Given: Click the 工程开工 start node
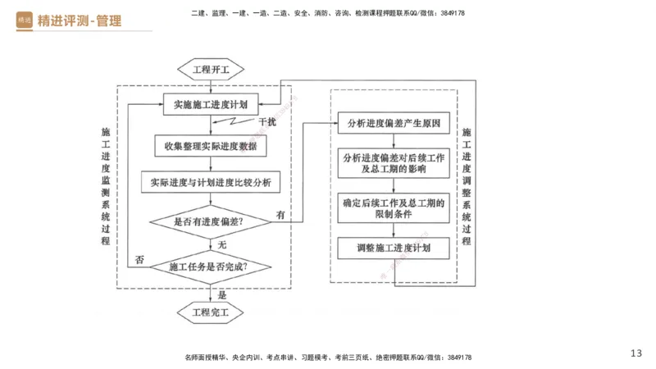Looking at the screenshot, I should coord(211,69).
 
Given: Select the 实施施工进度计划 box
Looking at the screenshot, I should coord(211,104).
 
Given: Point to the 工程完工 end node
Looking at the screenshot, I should coord(211,312).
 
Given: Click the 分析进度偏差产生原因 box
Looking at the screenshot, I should coord(394,124).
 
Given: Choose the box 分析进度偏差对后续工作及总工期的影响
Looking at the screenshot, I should coord(394,162).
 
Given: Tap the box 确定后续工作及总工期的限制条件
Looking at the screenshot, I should coord(394,207).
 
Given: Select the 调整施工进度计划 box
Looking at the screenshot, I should coord(394,248).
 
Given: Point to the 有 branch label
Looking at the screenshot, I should coord(280,215).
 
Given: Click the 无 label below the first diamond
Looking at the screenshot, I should coord(221,244).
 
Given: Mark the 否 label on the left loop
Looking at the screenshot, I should coord(139,260).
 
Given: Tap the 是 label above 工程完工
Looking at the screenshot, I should coord(221,292).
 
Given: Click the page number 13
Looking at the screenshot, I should coord(636,353).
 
